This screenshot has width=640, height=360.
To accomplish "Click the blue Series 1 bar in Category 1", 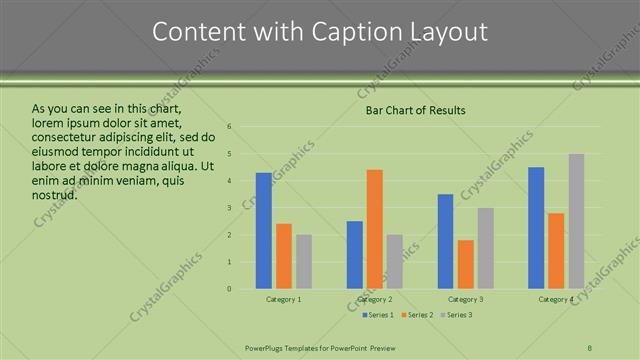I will coord(263,231).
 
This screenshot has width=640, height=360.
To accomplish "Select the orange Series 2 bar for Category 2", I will coord(375,229).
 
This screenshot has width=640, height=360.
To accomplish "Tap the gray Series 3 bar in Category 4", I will coord(576,221).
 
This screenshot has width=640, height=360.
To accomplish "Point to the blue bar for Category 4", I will coord(536,228).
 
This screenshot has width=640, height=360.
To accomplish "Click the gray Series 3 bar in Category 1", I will coord(304,262).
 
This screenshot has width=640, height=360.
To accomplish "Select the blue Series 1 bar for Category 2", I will coord(355,255).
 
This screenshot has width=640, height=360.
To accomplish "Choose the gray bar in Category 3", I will coord(485,248).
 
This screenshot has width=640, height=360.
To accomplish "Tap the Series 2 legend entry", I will coord(417,315).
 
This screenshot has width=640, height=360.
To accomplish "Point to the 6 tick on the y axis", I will coord(229,127).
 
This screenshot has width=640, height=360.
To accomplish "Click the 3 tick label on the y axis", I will coord(229,208).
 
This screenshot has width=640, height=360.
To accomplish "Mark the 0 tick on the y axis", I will coord(229,289).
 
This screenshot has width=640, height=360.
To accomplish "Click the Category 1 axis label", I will coord(284,299).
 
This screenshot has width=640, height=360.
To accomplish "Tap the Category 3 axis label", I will coord(465,299).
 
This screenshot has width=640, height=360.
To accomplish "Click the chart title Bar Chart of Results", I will coord(415,110).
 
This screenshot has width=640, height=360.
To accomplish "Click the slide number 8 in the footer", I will coord(590,347).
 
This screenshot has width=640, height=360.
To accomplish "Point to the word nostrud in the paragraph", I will coord(55,195).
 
